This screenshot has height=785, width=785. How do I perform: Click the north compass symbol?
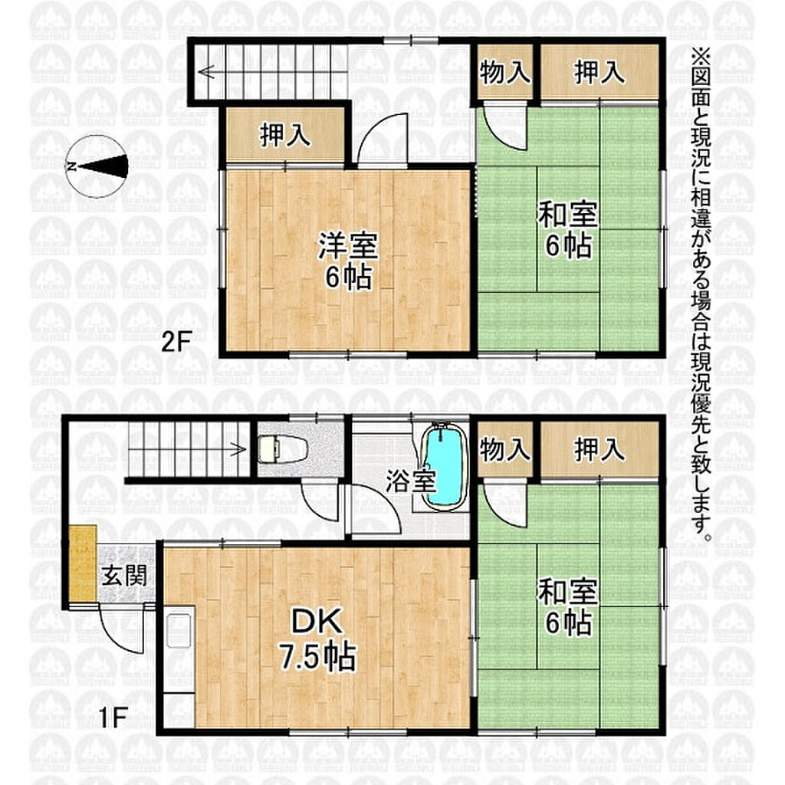pyautogui.click(x=97, y=166)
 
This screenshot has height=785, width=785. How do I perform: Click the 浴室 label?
pyautogui.click(x=411, y=481)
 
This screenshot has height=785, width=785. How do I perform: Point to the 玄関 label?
pyautogui.click(x=125, y=575)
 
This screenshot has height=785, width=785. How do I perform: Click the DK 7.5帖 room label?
pyautogui.click(x=317, y=639)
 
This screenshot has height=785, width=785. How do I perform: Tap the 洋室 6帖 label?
pyautogui.click(x=348, y=261)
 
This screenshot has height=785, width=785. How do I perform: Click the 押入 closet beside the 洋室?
pyautogui.click(x=285, y=135)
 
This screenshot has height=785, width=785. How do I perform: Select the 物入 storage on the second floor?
pyautogui.click(x=504, y=73)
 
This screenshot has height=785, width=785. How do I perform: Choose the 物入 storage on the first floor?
pyautogui.click(x=504, y=449)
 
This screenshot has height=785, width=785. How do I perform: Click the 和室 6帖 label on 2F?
pyautogui.click(x=568, y=231)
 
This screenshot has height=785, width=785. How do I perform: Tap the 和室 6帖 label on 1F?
pyautogui.click(x=568, y=607)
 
